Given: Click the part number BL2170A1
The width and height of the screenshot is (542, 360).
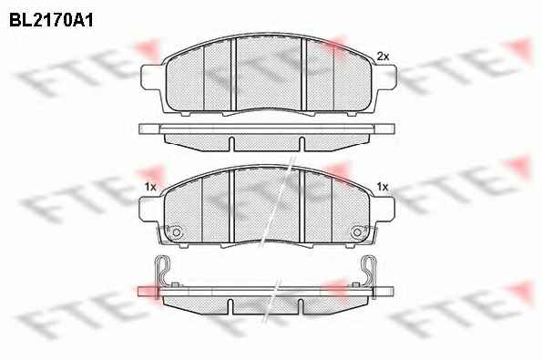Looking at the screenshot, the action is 51,20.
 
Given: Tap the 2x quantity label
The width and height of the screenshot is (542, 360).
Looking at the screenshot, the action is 383,56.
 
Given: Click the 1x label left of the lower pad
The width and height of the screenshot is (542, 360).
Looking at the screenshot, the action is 150,187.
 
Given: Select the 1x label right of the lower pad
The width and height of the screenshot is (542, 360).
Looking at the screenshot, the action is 383,187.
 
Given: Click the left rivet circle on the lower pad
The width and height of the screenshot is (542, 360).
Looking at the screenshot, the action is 177,232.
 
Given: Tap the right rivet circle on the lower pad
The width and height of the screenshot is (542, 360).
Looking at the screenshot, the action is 357,232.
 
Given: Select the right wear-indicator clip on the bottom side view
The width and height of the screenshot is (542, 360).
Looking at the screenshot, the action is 370,273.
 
